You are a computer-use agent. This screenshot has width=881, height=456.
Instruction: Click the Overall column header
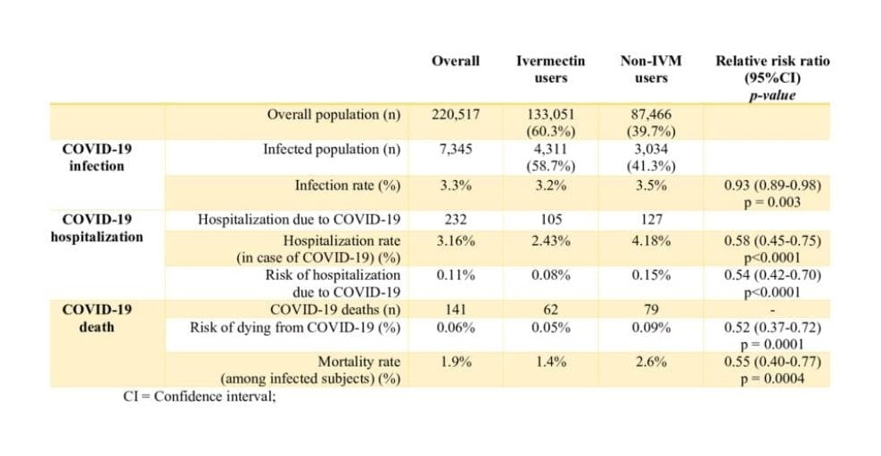tap(455, 61)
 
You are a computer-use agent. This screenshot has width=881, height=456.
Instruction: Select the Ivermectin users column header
tap(551, 69)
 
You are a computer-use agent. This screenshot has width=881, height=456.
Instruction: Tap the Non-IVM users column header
tap(651, 69)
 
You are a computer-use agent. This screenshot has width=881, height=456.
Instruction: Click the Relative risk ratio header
tap(772, 77)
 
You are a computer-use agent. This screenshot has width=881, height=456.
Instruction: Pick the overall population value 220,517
tap(456, 114)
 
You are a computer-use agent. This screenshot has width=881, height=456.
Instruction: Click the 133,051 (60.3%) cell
tap(551, 123)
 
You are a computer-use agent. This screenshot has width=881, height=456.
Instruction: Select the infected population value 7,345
tap(456, 150)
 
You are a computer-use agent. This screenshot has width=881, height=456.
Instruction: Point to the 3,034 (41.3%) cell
tap(651, 158)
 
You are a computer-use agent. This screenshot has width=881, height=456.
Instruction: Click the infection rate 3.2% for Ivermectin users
tap(551, 185)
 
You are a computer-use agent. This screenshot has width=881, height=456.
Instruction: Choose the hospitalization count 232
tap(456, 219)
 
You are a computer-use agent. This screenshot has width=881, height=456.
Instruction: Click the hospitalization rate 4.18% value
tap(651, 240)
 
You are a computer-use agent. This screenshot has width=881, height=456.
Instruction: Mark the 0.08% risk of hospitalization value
tap(551, 275)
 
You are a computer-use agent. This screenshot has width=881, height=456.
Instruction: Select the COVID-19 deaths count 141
tap(456, 310)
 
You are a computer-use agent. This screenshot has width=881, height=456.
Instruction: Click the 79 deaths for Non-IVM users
tap(651, 310)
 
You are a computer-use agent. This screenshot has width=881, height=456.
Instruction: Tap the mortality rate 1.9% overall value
tap(456, 362)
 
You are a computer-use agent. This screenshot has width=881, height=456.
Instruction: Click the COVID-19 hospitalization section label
tap(96, 228)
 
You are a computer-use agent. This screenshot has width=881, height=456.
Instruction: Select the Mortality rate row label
tap(310, 370)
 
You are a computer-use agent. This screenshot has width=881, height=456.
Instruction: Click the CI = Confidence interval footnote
tap(200, 396)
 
